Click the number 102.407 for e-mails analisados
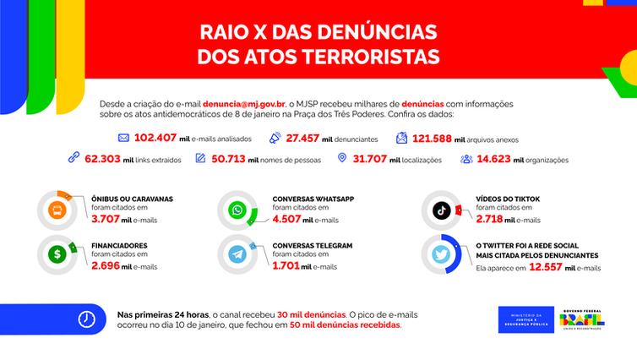tap(155, 138)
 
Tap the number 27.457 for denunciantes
tap(305, 138)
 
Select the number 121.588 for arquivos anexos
tap(435, 138)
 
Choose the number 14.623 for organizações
tap(494, 158)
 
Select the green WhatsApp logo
tap(240, 210)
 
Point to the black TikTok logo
tap(442, 210)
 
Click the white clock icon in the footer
tap(86, 319)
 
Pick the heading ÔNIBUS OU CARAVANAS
tap(131, 199)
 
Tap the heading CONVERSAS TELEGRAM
tap(312, 245)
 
